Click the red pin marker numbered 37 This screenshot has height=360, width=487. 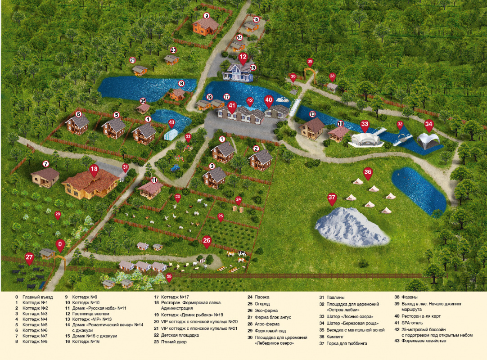332,198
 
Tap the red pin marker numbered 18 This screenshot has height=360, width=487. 94,171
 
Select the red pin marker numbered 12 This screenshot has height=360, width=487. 243,58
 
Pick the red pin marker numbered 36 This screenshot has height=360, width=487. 368,172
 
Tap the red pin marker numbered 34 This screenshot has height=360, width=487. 429,124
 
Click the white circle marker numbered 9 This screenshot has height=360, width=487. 207,16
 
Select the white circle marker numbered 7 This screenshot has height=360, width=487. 45,164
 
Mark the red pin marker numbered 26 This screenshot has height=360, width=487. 207,241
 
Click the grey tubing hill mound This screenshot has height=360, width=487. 351,227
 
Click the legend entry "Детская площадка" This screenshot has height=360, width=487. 180,335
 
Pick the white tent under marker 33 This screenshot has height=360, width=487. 365,139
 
